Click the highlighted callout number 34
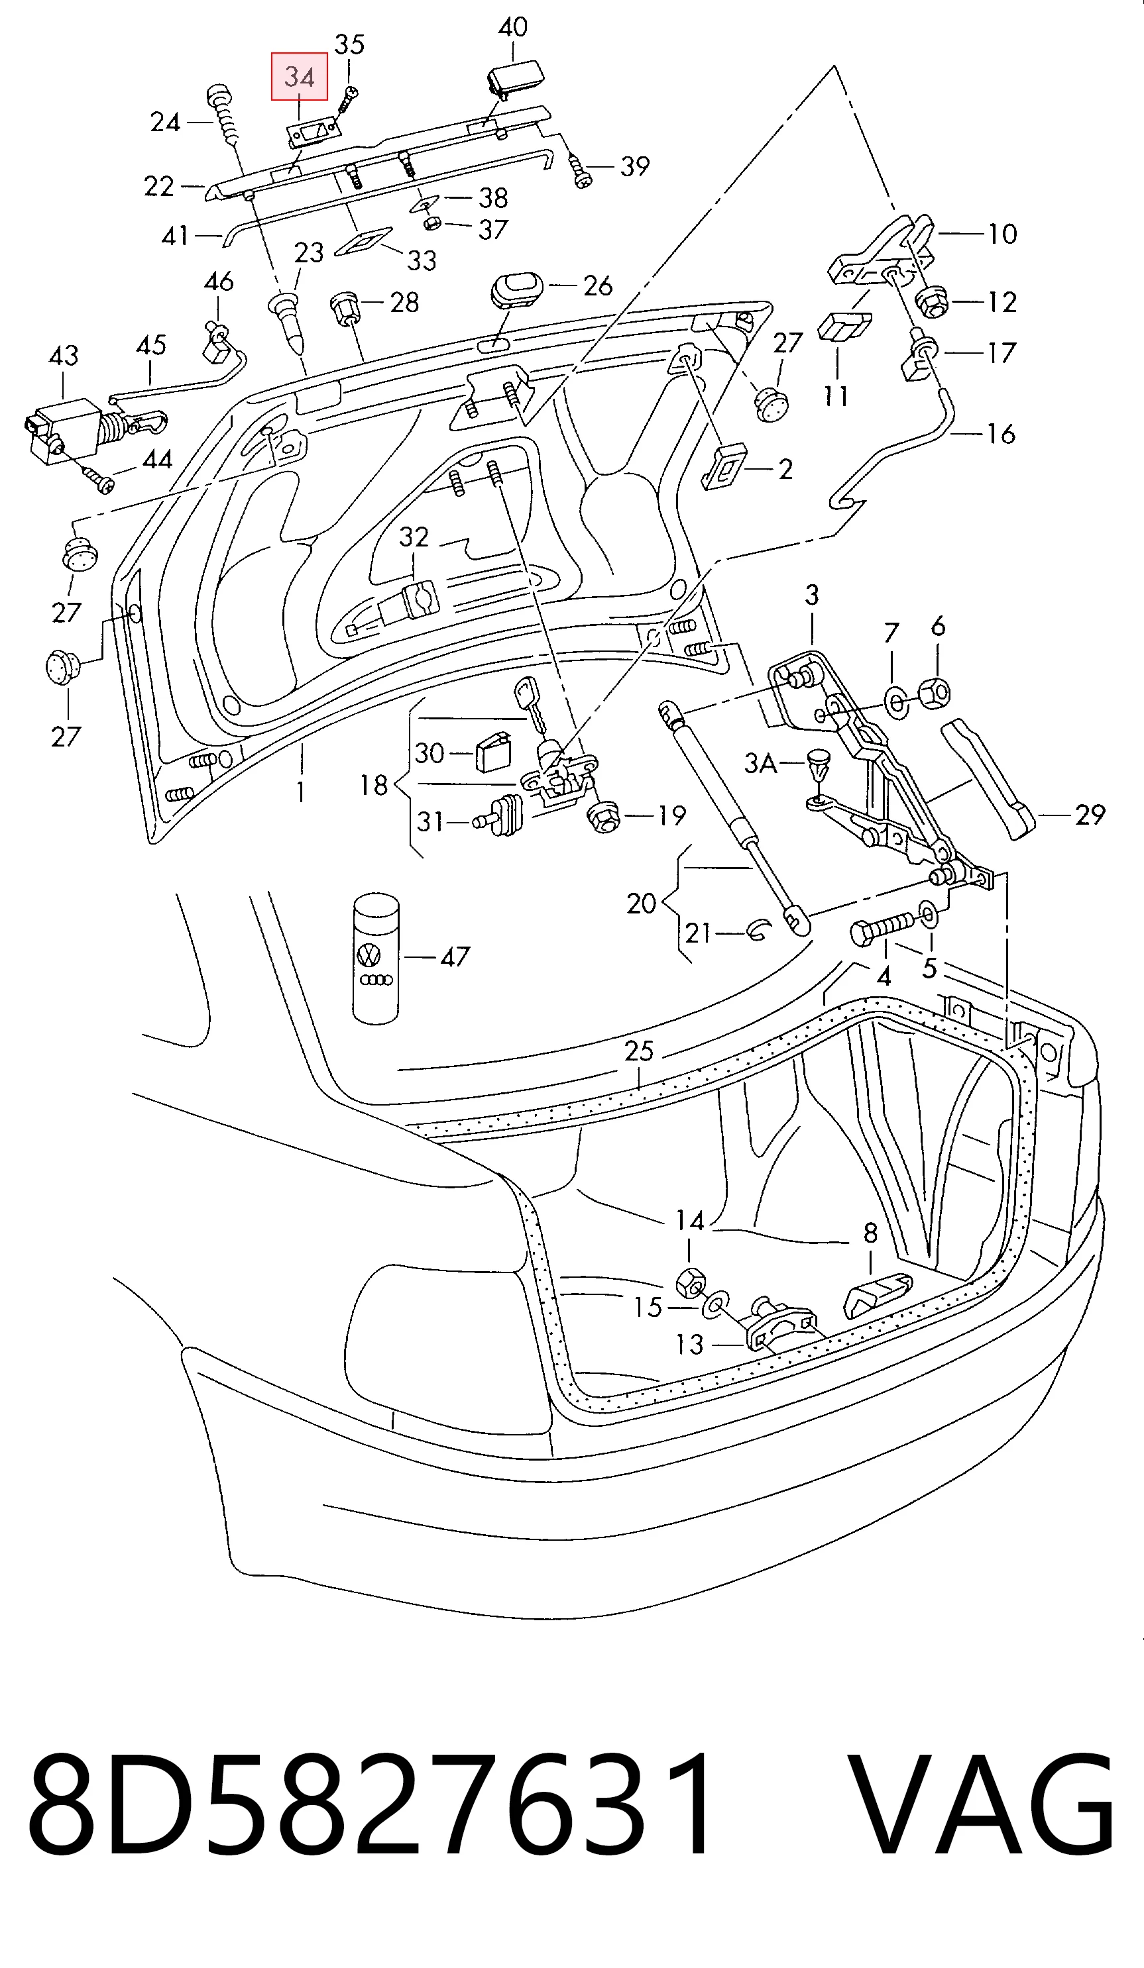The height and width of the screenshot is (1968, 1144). tap(300, 77)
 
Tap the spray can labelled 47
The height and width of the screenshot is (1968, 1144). tap(376, 958)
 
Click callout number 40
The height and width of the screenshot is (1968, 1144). tap(512, 27)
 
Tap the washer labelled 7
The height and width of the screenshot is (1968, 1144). tap(896, 701)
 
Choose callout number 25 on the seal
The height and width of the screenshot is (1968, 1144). tap(639, 1051)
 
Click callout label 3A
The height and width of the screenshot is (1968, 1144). tap(760, 762)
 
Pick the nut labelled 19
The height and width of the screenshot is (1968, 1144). tap(603, 816)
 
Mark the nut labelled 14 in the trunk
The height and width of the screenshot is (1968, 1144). tap(691, 1283)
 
